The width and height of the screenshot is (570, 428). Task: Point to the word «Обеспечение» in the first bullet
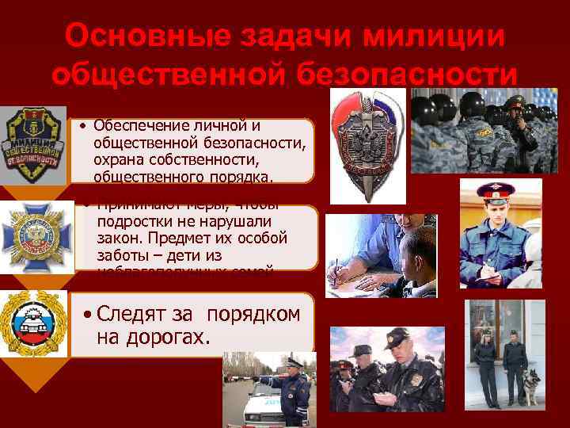coord(138,125)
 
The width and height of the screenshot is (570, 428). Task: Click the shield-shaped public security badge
coord(32,141)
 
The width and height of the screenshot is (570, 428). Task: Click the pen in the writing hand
coord(341,265)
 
